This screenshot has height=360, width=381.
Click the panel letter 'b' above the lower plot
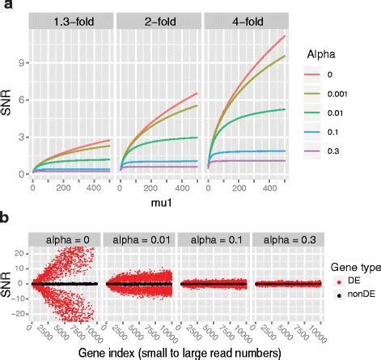(6, 218)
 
